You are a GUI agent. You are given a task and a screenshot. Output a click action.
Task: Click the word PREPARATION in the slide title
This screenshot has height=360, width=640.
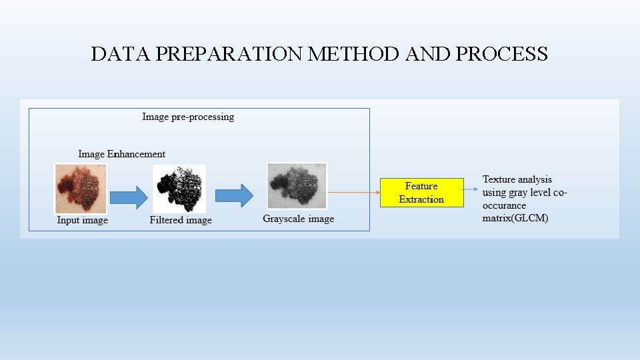coord(230,54)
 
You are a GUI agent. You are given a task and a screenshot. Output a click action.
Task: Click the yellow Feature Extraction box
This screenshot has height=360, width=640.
coord(421,193)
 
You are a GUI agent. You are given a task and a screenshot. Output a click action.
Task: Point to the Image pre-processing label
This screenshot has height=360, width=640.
coord(188,117)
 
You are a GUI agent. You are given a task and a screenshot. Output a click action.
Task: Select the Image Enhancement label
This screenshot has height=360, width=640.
coord(121,154)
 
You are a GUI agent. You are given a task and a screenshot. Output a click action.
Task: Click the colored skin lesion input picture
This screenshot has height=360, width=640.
coord(80,188)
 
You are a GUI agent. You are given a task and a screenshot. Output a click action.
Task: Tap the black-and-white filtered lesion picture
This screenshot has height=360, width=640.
coord(179,189)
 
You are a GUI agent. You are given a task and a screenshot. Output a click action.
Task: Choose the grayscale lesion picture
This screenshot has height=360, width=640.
coord(297,185)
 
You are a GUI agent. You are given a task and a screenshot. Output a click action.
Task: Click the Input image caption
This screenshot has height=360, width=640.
coord(83,220)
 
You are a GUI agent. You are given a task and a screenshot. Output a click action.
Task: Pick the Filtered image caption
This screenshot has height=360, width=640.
coord(181,220)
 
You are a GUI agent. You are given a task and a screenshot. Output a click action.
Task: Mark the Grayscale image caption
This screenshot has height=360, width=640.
coord(298,219)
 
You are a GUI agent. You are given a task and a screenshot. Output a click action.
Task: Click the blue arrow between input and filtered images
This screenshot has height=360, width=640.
coord(128,197)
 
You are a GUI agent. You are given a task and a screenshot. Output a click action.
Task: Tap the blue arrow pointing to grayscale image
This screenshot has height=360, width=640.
coord(233,195)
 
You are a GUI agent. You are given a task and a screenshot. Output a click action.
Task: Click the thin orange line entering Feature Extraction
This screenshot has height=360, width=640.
coord(353,193)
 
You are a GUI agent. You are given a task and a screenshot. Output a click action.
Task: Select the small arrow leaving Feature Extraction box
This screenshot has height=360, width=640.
coord(472,188)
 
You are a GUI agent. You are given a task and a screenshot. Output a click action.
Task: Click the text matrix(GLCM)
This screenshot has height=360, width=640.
coord(515,219)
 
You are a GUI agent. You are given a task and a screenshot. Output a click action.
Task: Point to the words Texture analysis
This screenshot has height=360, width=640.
coord(517,179)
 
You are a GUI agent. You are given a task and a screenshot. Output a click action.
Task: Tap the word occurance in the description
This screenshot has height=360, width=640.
coord(504,206)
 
